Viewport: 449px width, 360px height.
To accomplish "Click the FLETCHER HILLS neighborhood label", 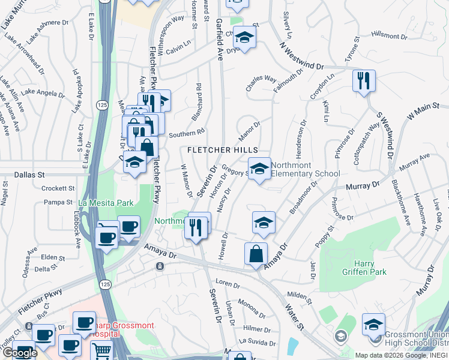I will coord(223,150).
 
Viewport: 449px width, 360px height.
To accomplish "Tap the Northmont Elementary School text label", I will coord(305,169).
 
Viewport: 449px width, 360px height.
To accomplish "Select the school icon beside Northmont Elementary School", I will coord(259,168).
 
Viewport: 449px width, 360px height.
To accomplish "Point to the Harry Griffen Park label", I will coord(360,268).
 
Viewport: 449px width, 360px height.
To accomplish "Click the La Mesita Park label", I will coord(105,203).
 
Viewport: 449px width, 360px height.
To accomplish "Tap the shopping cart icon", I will coord(101,350).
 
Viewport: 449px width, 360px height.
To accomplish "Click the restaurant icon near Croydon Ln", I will coord(363,80).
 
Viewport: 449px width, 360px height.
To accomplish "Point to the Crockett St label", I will coord(58,188).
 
